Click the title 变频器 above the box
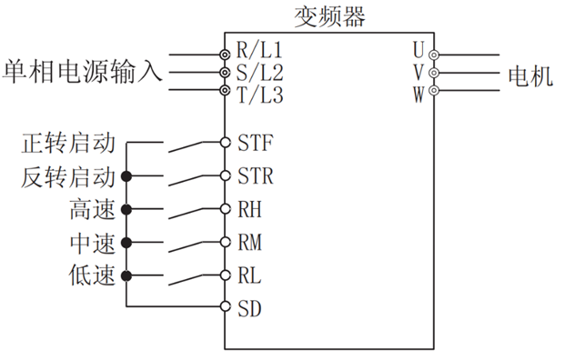[x=328, y=16]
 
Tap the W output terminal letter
[x=418, y=92]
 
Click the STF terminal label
[x=255, y=143]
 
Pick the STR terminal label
[x=255, y=175]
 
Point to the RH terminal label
[x=250, y=209]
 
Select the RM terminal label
[x=250, y=242]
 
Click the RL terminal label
[x=250, y=275]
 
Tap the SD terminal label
[x=250, y=307]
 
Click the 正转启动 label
[x=68, y=143]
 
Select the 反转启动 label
[x=68, y=175]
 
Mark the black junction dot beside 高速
[x=127, y=209]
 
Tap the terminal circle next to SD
[x=225, y=307]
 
